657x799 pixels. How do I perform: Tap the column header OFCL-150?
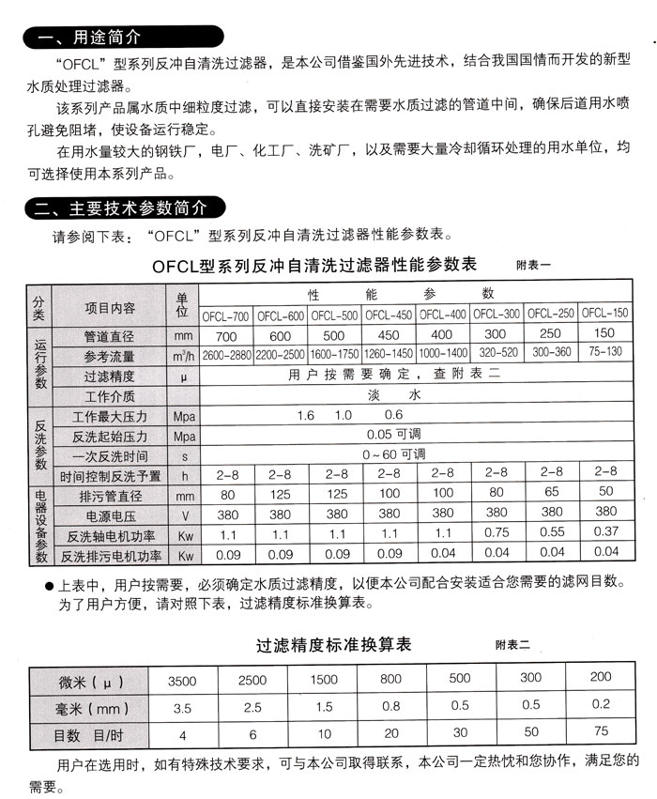(604, 313)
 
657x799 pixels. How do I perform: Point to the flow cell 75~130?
(604, 353)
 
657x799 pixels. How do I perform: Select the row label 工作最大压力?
(110, 415)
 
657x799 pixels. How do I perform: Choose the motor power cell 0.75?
(497, 533)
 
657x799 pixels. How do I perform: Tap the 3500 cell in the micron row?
(183, 679)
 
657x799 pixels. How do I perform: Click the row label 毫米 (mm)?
(88, 706)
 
